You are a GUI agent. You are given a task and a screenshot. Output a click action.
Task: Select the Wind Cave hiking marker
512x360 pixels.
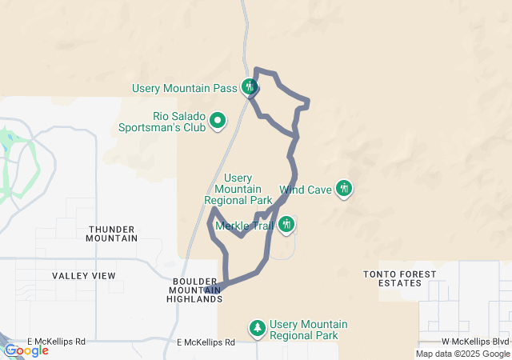tap(344, 189)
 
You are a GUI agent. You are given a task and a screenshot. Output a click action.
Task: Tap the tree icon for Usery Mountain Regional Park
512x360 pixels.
tap(258, 328)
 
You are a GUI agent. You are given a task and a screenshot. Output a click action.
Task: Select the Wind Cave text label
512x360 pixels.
tap(306, 190)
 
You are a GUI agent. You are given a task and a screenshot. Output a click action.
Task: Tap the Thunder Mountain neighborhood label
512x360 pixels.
tap(112, 233)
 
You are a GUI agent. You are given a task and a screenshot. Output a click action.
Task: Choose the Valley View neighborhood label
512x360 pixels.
tap(84, 276)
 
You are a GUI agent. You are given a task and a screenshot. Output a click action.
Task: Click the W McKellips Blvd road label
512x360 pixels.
tap(476, 342)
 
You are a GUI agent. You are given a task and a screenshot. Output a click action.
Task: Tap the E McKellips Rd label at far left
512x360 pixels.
tap(56, 342)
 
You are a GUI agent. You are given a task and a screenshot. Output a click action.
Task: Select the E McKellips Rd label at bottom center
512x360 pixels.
tap(206, 342)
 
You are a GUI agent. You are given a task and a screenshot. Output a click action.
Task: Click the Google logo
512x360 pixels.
tap(26, 350)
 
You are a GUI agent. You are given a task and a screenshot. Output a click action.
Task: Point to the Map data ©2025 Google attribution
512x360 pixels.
tap(462, 354)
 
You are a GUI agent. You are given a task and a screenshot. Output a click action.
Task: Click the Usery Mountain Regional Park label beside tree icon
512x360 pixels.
tap(309, 329)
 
